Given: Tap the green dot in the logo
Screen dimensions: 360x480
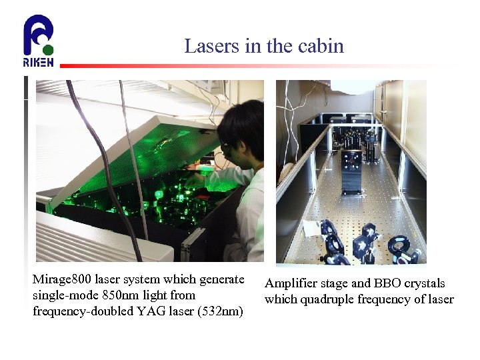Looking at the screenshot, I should (48, 49).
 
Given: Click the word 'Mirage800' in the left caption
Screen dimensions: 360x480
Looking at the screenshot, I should (62, 279).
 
